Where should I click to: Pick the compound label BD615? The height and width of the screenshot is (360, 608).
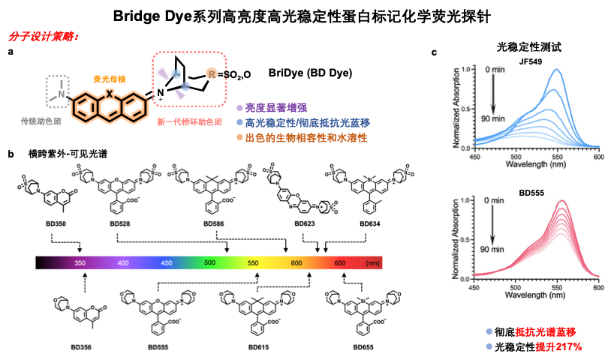click(x=257, y=348)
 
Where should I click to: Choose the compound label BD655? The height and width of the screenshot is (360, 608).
click(x=363, y=348)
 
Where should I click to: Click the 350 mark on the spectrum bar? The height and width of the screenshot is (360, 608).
click(x=80, y=263)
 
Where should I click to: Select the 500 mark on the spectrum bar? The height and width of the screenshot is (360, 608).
click(x=209, y=263)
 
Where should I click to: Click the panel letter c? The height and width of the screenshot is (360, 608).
click(x=436, y=52)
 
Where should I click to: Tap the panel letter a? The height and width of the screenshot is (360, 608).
click(x=11, y=52)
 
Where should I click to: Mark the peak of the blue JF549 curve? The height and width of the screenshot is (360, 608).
click(x=557, y=70)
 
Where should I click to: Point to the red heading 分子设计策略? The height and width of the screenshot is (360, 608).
click(x=44, y=37)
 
